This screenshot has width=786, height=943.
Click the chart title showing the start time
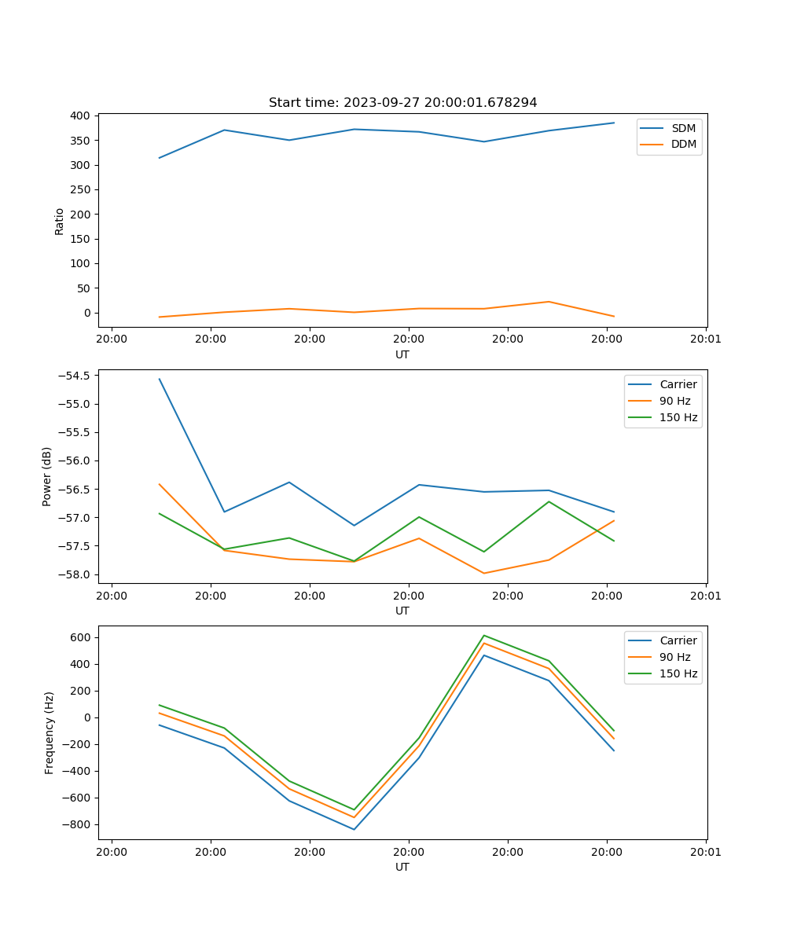coord(402,103)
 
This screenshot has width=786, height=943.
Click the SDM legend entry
coord(683,128)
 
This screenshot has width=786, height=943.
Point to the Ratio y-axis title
coord(59,221)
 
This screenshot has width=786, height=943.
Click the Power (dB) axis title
coord(47,476)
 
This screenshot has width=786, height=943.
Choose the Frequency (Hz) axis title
coord(50,732)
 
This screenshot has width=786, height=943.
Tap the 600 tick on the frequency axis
coord(81,637)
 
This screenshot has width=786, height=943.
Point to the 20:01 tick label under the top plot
coord(705,339)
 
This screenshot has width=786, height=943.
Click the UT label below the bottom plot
coord(402,867)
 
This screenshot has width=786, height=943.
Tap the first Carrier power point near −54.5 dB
coord(160,379)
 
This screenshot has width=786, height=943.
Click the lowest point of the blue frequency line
coord(354,829)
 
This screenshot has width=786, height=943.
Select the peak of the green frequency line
coord(483,635)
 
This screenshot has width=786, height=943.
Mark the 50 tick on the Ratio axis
coord(83,288)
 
